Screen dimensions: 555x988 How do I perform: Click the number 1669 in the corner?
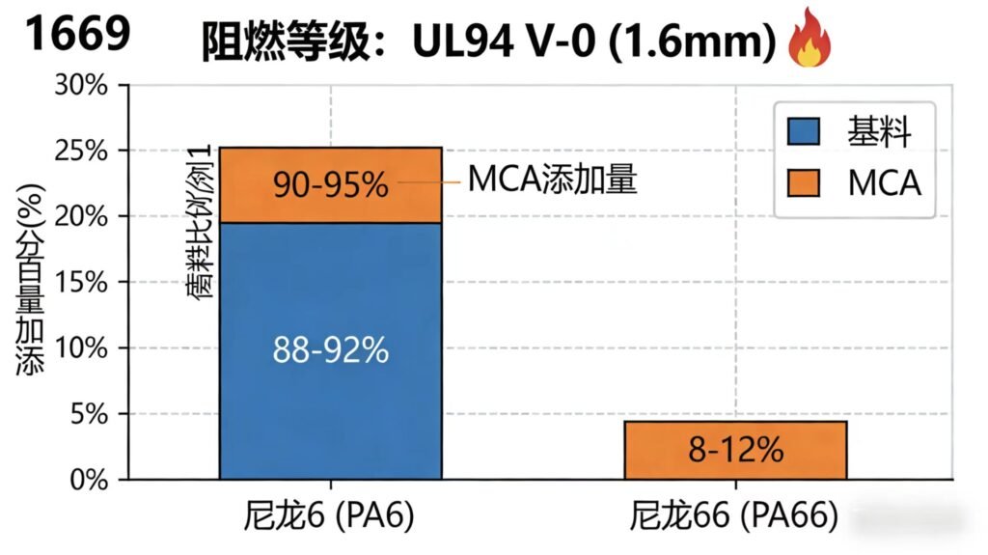coord(76,35)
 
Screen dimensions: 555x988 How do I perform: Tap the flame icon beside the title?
coord(810,43)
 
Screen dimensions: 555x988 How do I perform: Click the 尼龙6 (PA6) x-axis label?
coord(330,519)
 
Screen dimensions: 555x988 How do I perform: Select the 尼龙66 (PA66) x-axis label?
coord(735,519)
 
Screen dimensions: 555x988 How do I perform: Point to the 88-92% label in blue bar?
coord(330,349)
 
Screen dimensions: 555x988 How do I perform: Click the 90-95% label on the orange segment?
coord(330,183)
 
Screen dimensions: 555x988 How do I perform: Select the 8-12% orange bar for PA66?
coord(735,450)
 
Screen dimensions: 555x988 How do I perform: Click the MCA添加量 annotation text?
coord(552,180)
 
